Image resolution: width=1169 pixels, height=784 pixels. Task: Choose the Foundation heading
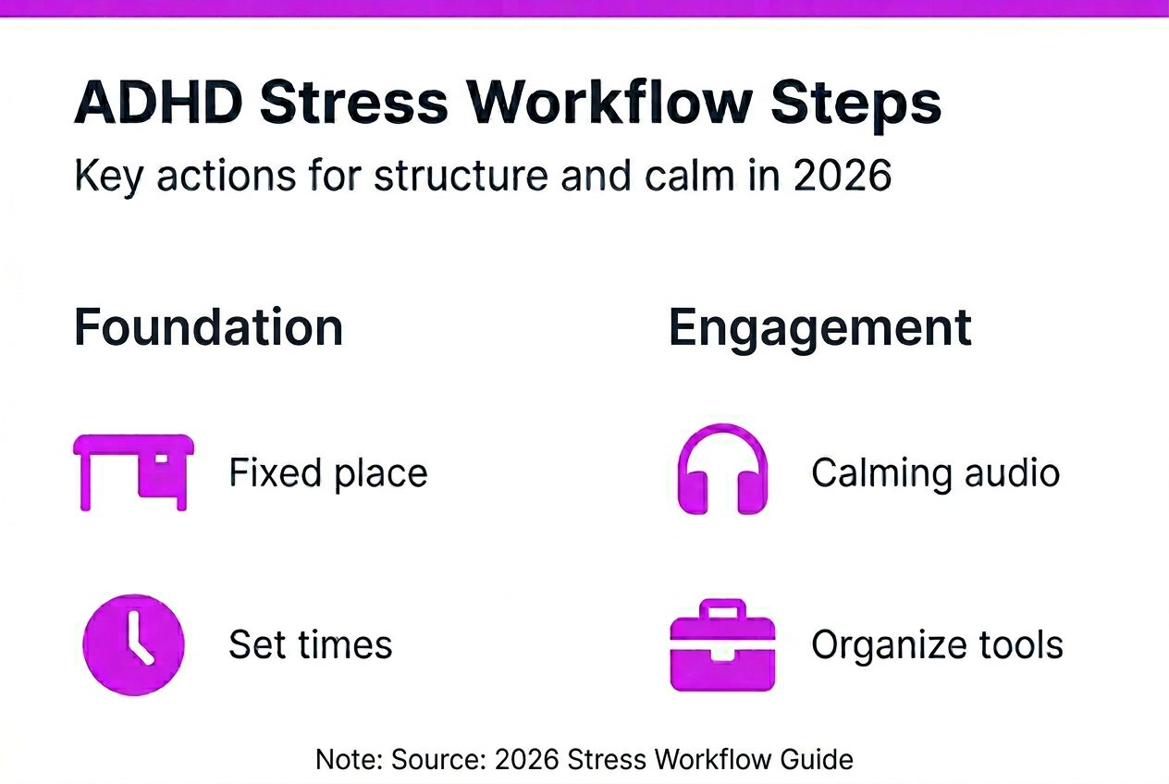click(208, 327)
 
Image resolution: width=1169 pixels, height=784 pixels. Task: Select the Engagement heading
click(819, 327)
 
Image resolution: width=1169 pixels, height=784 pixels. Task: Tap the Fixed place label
click(328, 472)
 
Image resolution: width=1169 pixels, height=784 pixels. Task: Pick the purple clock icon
click(133, 643)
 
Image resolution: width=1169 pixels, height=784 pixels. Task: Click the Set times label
click(311, 644)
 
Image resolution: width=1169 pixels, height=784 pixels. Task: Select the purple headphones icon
click(722, 470)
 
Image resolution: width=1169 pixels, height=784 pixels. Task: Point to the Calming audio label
click(935, 472)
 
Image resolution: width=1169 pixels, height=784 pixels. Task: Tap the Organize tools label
click(937, 644)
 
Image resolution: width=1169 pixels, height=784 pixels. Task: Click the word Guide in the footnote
click(818, 760)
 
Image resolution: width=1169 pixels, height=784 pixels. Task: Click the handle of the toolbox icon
click(722, 608)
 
